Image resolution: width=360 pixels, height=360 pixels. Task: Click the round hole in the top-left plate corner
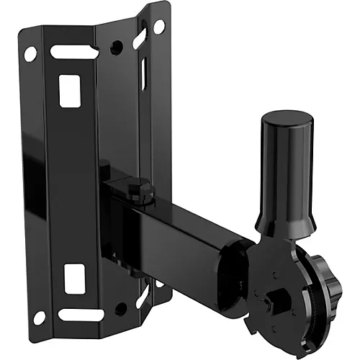(x=30, y=53)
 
